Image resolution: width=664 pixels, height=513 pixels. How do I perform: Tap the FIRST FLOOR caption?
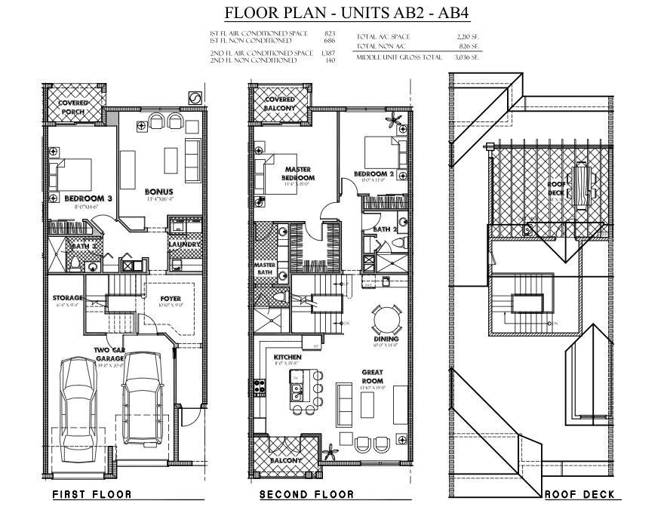(91, 495)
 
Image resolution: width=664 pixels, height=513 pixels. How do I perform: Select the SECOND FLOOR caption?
(306, 495)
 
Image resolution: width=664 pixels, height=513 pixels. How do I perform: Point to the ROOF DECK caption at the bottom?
(579, 495)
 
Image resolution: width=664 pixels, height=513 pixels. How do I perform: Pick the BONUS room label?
(159, 192)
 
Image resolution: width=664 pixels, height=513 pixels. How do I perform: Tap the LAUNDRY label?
(184, 244)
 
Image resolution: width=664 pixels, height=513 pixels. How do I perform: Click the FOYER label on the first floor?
(171, 298)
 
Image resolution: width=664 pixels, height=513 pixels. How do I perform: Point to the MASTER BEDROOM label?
(299, 174)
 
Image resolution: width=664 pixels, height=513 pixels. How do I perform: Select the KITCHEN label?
(287, 357)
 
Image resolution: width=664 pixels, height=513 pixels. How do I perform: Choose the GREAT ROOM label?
(374, 376)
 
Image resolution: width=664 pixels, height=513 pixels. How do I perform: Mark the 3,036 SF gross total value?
(465, 57)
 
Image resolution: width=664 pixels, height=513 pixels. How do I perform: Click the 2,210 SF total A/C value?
(465, 35)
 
